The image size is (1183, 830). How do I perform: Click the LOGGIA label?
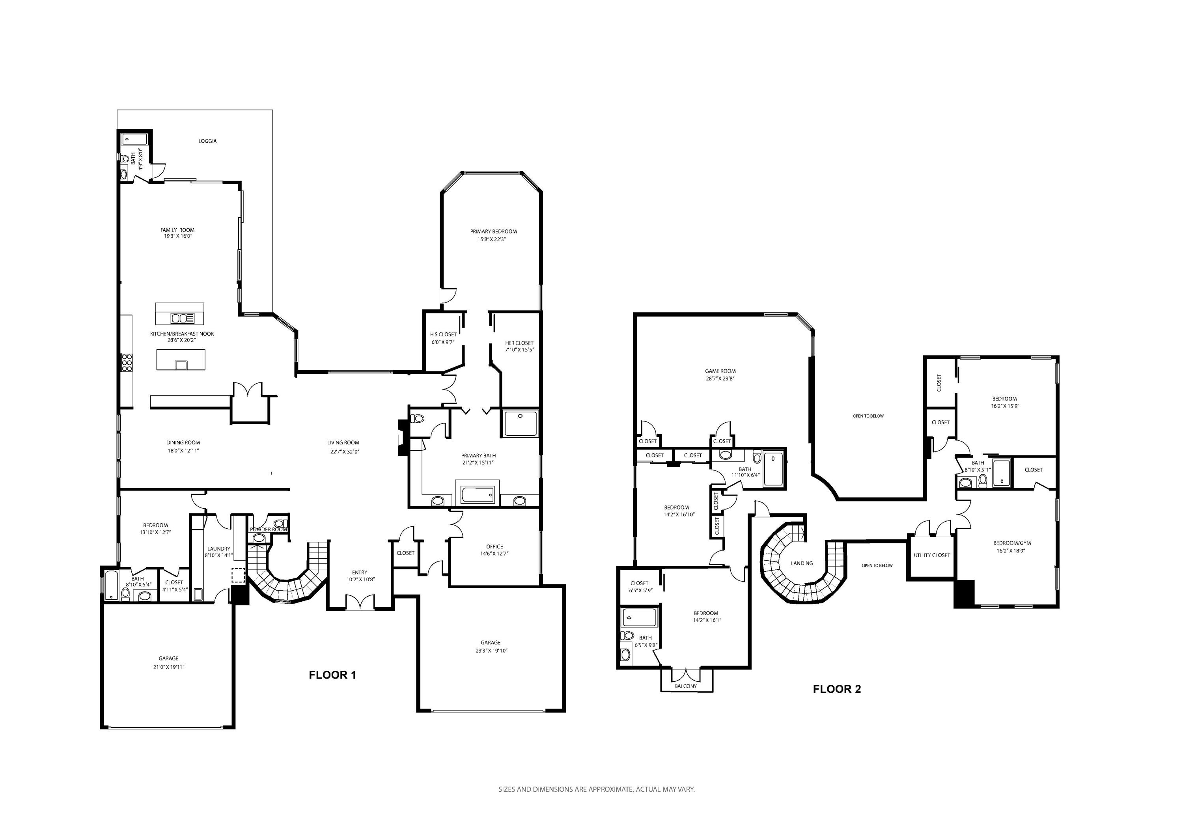click(x=208, y=141)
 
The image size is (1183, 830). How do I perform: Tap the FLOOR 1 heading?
click(x=332, y=675)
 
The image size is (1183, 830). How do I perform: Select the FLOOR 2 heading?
click(x=837, y=689)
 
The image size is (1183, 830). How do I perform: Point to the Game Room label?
click(x=720, y=371)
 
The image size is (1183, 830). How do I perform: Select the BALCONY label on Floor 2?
click(x=686, y=686)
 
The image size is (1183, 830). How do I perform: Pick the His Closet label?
click(x=443, y=334)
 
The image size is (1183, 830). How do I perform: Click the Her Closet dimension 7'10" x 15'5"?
click(x=519, y=350)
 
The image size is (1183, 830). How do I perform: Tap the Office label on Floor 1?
click(x=494, y=546)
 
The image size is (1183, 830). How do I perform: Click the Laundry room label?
click(x=218, y=549)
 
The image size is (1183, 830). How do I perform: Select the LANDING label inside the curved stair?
click(x=802, y=563)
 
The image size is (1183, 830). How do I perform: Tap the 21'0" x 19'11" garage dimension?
click(x=168, y=667)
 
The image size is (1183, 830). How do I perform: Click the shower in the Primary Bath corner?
click(x=521, y=423)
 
